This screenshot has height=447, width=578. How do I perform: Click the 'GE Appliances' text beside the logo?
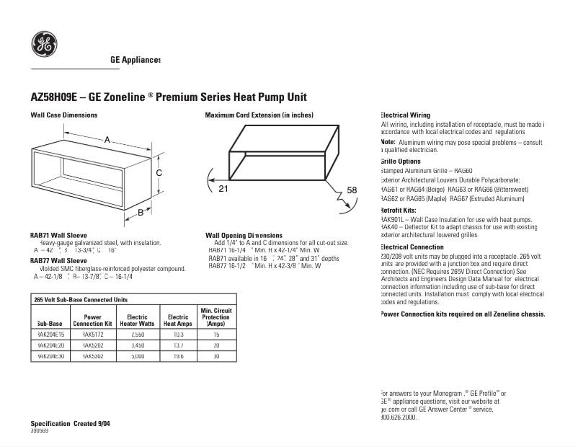[x=135, y=60]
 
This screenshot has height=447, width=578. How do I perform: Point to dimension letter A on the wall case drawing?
[x=107, y=140]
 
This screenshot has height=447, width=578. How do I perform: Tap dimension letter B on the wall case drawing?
[x=141, y=212]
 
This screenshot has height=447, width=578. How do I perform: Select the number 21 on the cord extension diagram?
[x=223, y=189]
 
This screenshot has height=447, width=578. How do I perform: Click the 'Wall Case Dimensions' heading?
[x=63, y=115]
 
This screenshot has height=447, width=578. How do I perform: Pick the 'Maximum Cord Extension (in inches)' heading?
[x=259, y=115]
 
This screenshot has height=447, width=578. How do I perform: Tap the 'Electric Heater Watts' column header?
[x=137, y=320]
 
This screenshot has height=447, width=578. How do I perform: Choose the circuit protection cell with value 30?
[x=216, y=356]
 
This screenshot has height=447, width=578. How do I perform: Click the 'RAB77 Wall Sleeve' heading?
[x=58, y=260]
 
